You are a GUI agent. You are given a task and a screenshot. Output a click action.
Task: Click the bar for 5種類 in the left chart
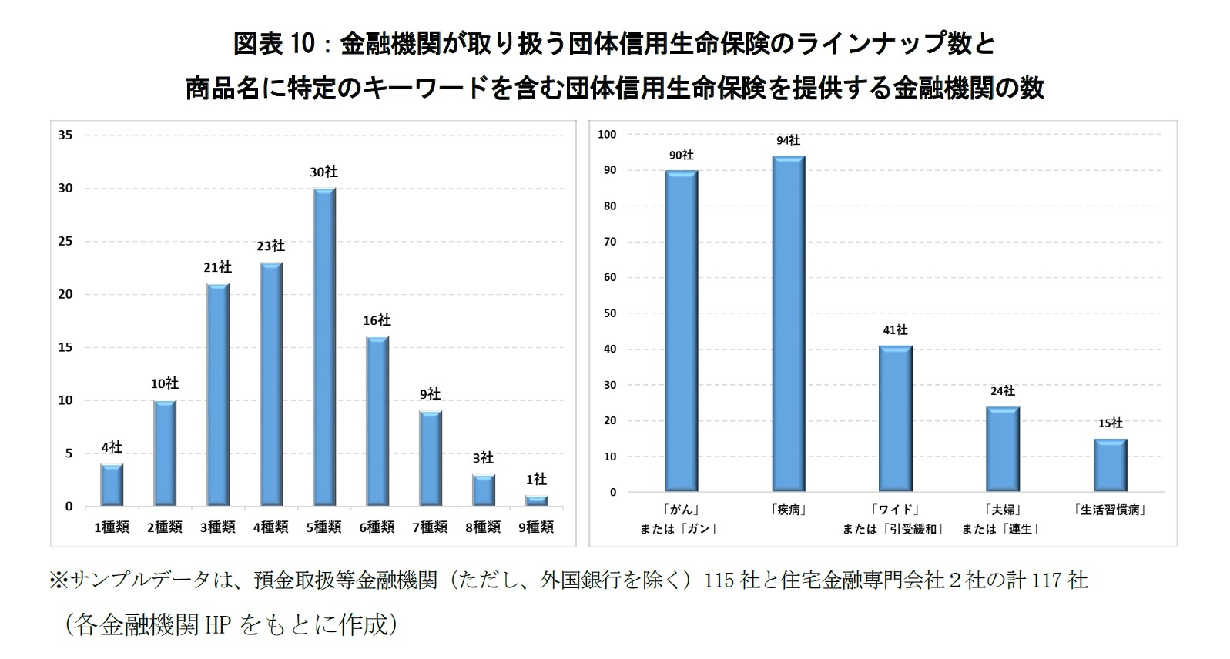[323, 346]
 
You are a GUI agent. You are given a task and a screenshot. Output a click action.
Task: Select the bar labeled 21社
[218, 394]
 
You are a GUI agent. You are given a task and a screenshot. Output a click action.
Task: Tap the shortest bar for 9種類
[536, 500]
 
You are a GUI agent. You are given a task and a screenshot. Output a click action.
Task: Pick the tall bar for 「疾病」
[789, 323]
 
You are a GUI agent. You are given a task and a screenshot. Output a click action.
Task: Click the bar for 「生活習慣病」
[1110, 465]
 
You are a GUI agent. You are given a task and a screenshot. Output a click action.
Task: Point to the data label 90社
[681, 155]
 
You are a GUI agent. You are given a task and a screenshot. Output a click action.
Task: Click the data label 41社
[895, 329]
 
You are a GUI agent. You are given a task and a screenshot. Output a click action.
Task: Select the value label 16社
[377, 320]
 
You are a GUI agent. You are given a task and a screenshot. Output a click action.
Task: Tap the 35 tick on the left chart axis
[65, 135]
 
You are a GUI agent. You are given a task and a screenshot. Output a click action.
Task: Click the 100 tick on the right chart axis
[607, 134]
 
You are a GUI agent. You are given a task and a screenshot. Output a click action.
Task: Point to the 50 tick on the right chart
[609, 313]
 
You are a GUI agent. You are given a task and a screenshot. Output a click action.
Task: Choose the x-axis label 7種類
[430, 527]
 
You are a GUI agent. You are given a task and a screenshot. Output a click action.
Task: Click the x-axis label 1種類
[112, 527]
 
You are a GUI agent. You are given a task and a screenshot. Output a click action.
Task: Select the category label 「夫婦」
[1002, 510]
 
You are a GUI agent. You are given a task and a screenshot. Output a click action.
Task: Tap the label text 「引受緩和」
[914, 529]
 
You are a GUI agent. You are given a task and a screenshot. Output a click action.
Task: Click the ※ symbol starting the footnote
[59, 580]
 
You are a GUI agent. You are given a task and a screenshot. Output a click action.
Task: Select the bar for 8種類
[483, 490]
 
